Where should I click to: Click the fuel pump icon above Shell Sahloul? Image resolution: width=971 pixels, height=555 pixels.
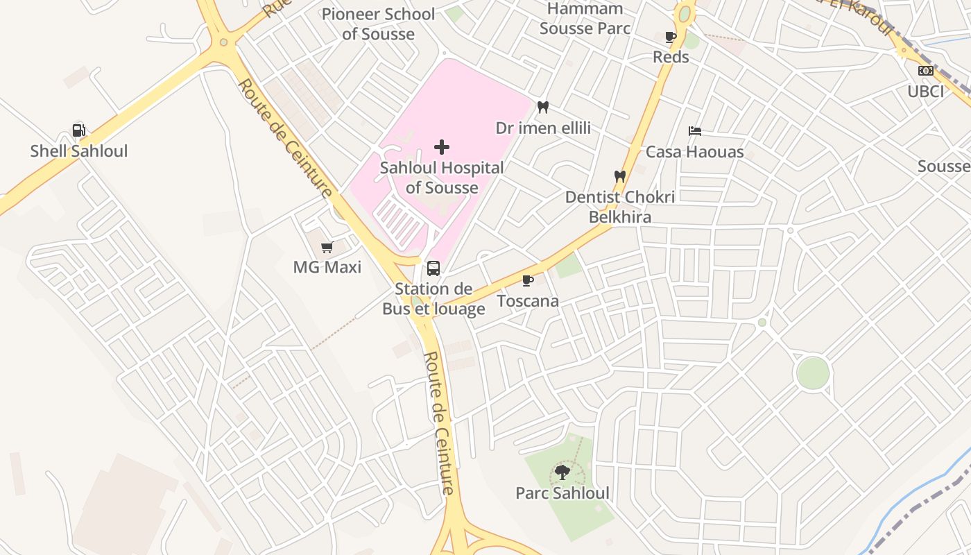(x=79, y=130)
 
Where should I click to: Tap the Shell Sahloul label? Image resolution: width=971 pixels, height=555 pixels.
(x=79, y=151)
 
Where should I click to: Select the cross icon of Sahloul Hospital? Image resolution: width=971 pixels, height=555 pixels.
(x=442, y=147)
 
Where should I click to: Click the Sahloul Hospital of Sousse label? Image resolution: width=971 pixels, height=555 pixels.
(x=442, y=178)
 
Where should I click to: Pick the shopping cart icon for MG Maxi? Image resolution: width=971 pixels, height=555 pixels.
(x=327, y=247)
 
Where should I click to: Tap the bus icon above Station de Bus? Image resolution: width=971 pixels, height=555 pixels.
(x=433, y=268)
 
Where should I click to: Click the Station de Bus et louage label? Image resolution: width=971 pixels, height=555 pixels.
(x=433, y=299)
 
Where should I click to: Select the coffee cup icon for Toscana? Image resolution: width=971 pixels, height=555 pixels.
(x=528, y=280)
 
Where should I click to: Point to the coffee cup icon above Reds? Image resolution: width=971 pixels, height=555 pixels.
(x=671, y=37)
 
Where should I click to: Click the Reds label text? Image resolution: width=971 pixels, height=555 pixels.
(x=671, y=57)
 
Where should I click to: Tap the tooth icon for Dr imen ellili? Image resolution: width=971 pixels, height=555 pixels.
(x=543, y=108)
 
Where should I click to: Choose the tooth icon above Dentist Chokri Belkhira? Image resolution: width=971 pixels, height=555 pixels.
(x=620, y=177)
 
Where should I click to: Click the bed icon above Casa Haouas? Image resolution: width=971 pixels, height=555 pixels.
(x=695, y=131)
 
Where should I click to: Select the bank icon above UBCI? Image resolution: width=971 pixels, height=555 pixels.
(x=926, y=71)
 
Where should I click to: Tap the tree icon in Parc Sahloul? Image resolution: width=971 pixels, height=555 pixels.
(x=562, y=472)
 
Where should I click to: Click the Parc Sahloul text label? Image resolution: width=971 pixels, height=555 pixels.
(x=562, y=493)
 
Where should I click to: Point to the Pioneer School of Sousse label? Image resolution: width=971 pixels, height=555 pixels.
(x=378, y=24)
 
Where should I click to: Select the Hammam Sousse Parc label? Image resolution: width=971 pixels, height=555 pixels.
(x=585, y=18)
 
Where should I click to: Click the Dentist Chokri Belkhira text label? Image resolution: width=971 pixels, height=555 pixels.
(x=620, y=207)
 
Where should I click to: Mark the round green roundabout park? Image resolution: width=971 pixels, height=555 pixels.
(x=813, y=373)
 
